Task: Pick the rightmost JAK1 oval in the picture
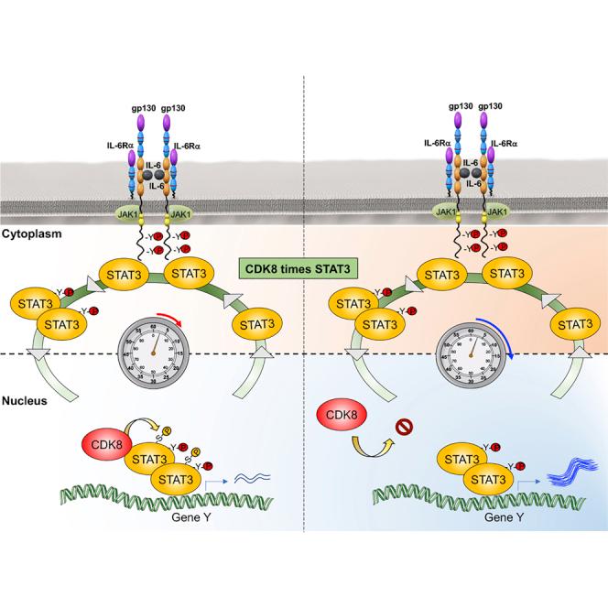[x=502, y=213]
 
